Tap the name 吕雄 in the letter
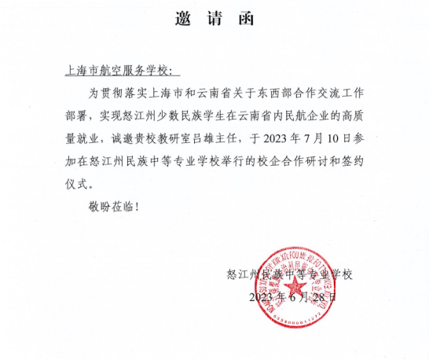tap(232, 141)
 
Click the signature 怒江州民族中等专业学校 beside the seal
tap(289, 275)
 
